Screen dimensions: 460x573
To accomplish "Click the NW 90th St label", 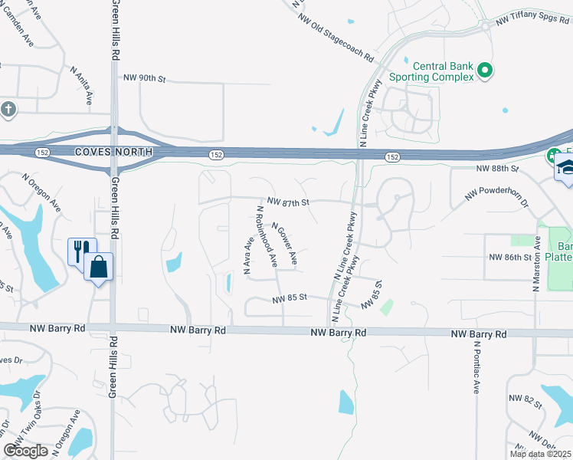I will [x=145, y=79].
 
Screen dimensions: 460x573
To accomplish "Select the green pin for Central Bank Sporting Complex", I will [x=484, y=71].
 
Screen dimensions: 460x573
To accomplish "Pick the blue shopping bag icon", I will [x=99, y=268].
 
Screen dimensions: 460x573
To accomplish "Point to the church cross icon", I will [x=8, y=109].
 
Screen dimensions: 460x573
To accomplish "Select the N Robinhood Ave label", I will [x=267, y=236].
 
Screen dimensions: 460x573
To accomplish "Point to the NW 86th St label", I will [x=509, y=257].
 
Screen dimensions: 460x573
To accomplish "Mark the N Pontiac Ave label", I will [x=476, y=366].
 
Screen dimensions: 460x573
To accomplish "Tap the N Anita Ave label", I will [x=81, y=84].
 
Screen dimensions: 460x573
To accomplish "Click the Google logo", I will [x=25, y=451].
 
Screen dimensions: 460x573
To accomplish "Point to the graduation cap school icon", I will [x=565, y=169].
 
